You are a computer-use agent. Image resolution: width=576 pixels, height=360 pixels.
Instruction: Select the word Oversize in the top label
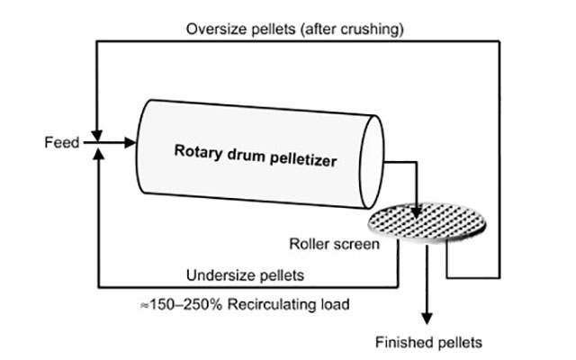[217, 29]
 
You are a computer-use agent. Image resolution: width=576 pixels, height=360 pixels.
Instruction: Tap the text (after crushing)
[350, 29]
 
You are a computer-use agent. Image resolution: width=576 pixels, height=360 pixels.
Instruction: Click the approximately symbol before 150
[143, 305]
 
